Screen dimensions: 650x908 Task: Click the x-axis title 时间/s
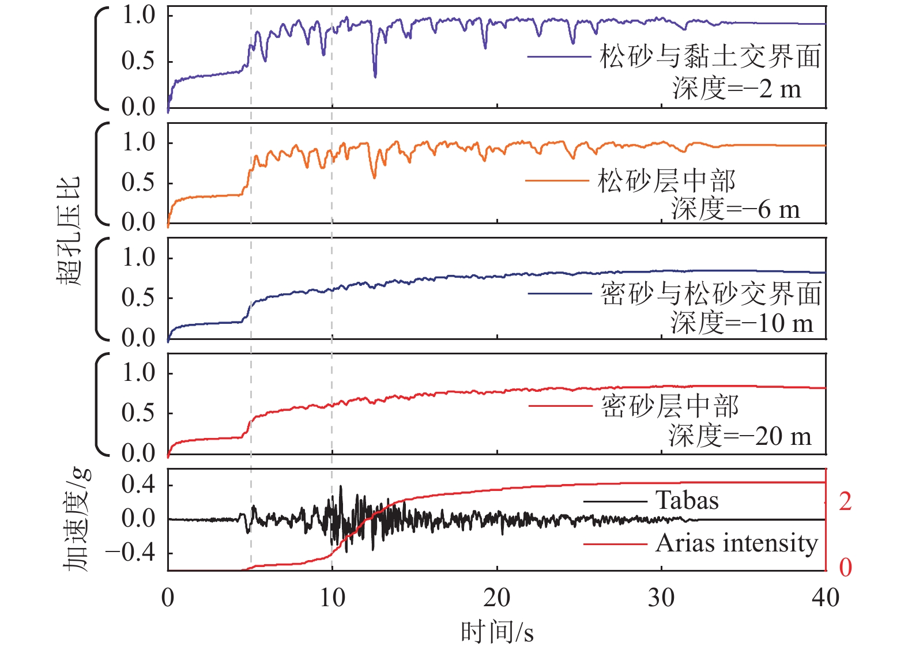tap(497, 633)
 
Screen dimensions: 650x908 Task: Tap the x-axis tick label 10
tap(332, 598)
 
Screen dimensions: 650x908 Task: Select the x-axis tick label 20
tap(496, 598)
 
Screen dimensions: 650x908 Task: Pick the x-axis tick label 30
tap(661, 598)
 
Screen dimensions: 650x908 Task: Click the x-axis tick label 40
tap(825, 598)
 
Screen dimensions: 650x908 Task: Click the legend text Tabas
tap(687, 500)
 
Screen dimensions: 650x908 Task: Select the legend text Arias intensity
tap(737, 543)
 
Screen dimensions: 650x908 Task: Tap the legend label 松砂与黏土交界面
tap(710, 56)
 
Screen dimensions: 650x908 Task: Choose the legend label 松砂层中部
tap(666, 181)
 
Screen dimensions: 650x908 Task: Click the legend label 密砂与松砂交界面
tap(711, 294)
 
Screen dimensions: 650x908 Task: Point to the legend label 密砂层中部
tap(670, 406)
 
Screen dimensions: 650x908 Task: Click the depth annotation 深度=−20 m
tap(740, 436)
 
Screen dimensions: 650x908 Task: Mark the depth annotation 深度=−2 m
tap(737, 89)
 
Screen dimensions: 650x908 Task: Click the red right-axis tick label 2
tap(845, 501)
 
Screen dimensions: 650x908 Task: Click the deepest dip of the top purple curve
tap(375, 75)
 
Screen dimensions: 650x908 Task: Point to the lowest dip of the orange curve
tap(374, 177)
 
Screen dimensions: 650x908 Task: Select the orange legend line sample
tap(557, 181)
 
